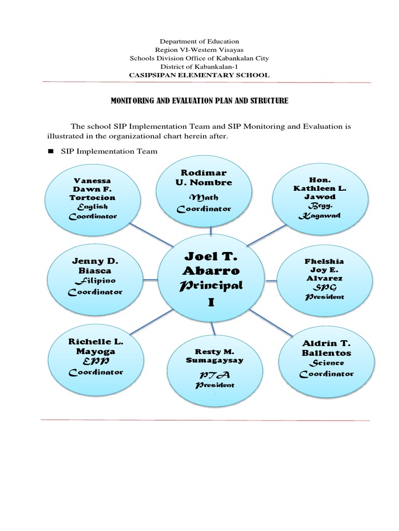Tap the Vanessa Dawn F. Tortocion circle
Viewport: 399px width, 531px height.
click(94, 198)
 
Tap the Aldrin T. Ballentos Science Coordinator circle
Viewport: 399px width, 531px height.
click(327, 359)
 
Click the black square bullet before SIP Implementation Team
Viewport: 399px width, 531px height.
click(51, 151)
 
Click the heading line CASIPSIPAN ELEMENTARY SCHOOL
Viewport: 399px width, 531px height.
click(199, 75)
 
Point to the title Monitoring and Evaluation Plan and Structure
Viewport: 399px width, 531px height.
click(199, 101)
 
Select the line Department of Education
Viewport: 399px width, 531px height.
click(199, 41)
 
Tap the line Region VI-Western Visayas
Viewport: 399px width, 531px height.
click(199, 50)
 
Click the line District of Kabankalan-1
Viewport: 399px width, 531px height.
click(199, 66)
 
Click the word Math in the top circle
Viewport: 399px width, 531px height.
click(204, 198)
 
